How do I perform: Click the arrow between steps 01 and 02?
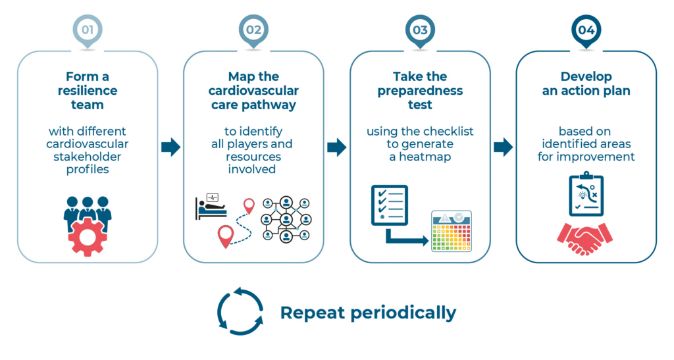pyautogui.click(x=170, y=147)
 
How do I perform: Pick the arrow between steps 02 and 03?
pyautogui.click(x=336, y=147)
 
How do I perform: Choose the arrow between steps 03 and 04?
pyautogui.click(x=503, y=147)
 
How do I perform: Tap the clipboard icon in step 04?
pyautogui.click(x=586, y=194)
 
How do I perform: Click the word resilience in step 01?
pyautogui.click(x=88, y=90)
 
